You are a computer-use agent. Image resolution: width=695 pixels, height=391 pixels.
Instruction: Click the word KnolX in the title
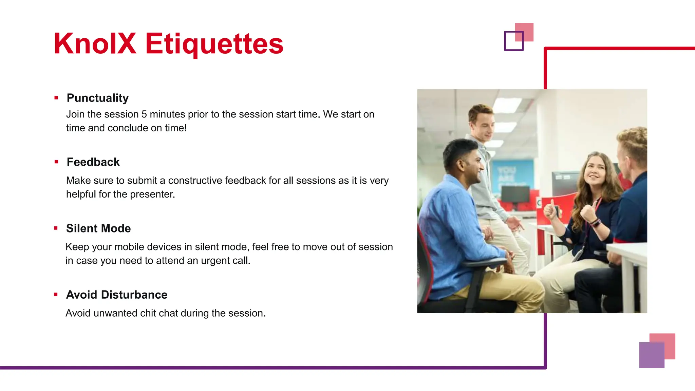click(x=95, y=43)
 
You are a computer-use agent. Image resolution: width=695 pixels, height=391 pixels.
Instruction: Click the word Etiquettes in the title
click(x=214, y=44)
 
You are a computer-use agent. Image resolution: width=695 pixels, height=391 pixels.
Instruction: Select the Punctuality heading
click(x=97, y=98)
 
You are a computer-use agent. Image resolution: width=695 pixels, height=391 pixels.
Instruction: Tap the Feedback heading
click(x=93, y=162)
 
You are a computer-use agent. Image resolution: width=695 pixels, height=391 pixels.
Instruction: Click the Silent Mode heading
click(x=98, y=228)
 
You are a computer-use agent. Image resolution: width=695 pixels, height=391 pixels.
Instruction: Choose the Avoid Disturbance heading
click(x=116, y=294)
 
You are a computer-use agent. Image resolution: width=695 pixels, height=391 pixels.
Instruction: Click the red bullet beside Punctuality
click(x=56, y=98)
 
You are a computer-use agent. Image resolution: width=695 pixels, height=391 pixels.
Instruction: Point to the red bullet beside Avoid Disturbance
click(x=56, y=294)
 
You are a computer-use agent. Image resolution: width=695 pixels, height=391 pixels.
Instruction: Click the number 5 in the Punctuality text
click(x=144, y=114)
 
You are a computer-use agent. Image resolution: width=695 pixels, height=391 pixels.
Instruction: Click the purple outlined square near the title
click(x=513, y=41)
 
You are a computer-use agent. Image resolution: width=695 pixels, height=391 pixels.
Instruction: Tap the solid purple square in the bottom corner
click(x=652, y=355)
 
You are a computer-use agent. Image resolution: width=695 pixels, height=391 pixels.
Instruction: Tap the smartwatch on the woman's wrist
click(x=596, y=223)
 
